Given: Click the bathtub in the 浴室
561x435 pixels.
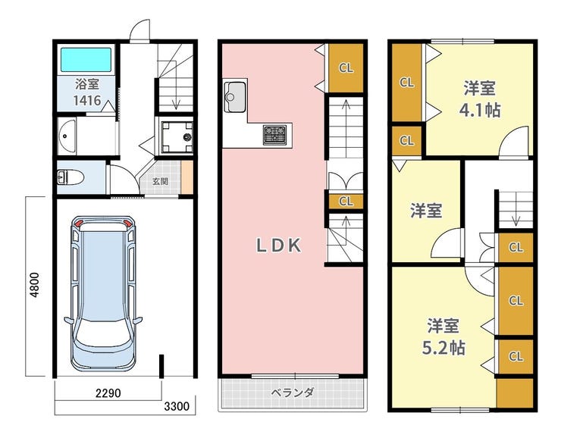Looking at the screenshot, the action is click(86, 60).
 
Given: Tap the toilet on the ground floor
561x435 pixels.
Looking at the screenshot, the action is click(71, 177).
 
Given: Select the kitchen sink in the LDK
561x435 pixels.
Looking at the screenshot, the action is click(235, 96).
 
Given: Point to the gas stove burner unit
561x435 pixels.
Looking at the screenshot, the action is click(275, 134).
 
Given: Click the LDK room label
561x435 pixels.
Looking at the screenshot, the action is click(279, 246).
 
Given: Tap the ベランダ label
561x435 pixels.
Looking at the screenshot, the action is click(293, 393).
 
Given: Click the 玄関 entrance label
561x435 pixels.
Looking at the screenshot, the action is click(160, 181).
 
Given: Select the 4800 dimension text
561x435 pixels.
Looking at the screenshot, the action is click(35, 285).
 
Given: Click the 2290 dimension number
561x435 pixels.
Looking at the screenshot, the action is click(108, 393).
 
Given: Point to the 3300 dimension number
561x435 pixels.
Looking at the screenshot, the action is click(177, 406).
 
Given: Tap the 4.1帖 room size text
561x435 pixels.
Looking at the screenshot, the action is click(480, 110).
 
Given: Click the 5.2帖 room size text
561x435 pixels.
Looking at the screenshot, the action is click(443, 347).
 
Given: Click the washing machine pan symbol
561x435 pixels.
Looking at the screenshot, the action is click(177, 137).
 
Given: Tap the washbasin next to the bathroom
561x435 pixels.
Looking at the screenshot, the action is click(67, 136).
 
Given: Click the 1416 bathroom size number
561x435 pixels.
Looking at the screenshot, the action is click(87, 101).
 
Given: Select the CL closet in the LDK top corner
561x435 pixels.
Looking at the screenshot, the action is click(346, 68).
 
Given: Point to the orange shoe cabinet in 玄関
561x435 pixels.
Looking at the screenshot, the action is click(187, 178).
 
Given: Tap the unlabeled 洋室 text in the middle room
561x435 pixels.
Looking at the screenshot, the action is click(426, 211).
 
